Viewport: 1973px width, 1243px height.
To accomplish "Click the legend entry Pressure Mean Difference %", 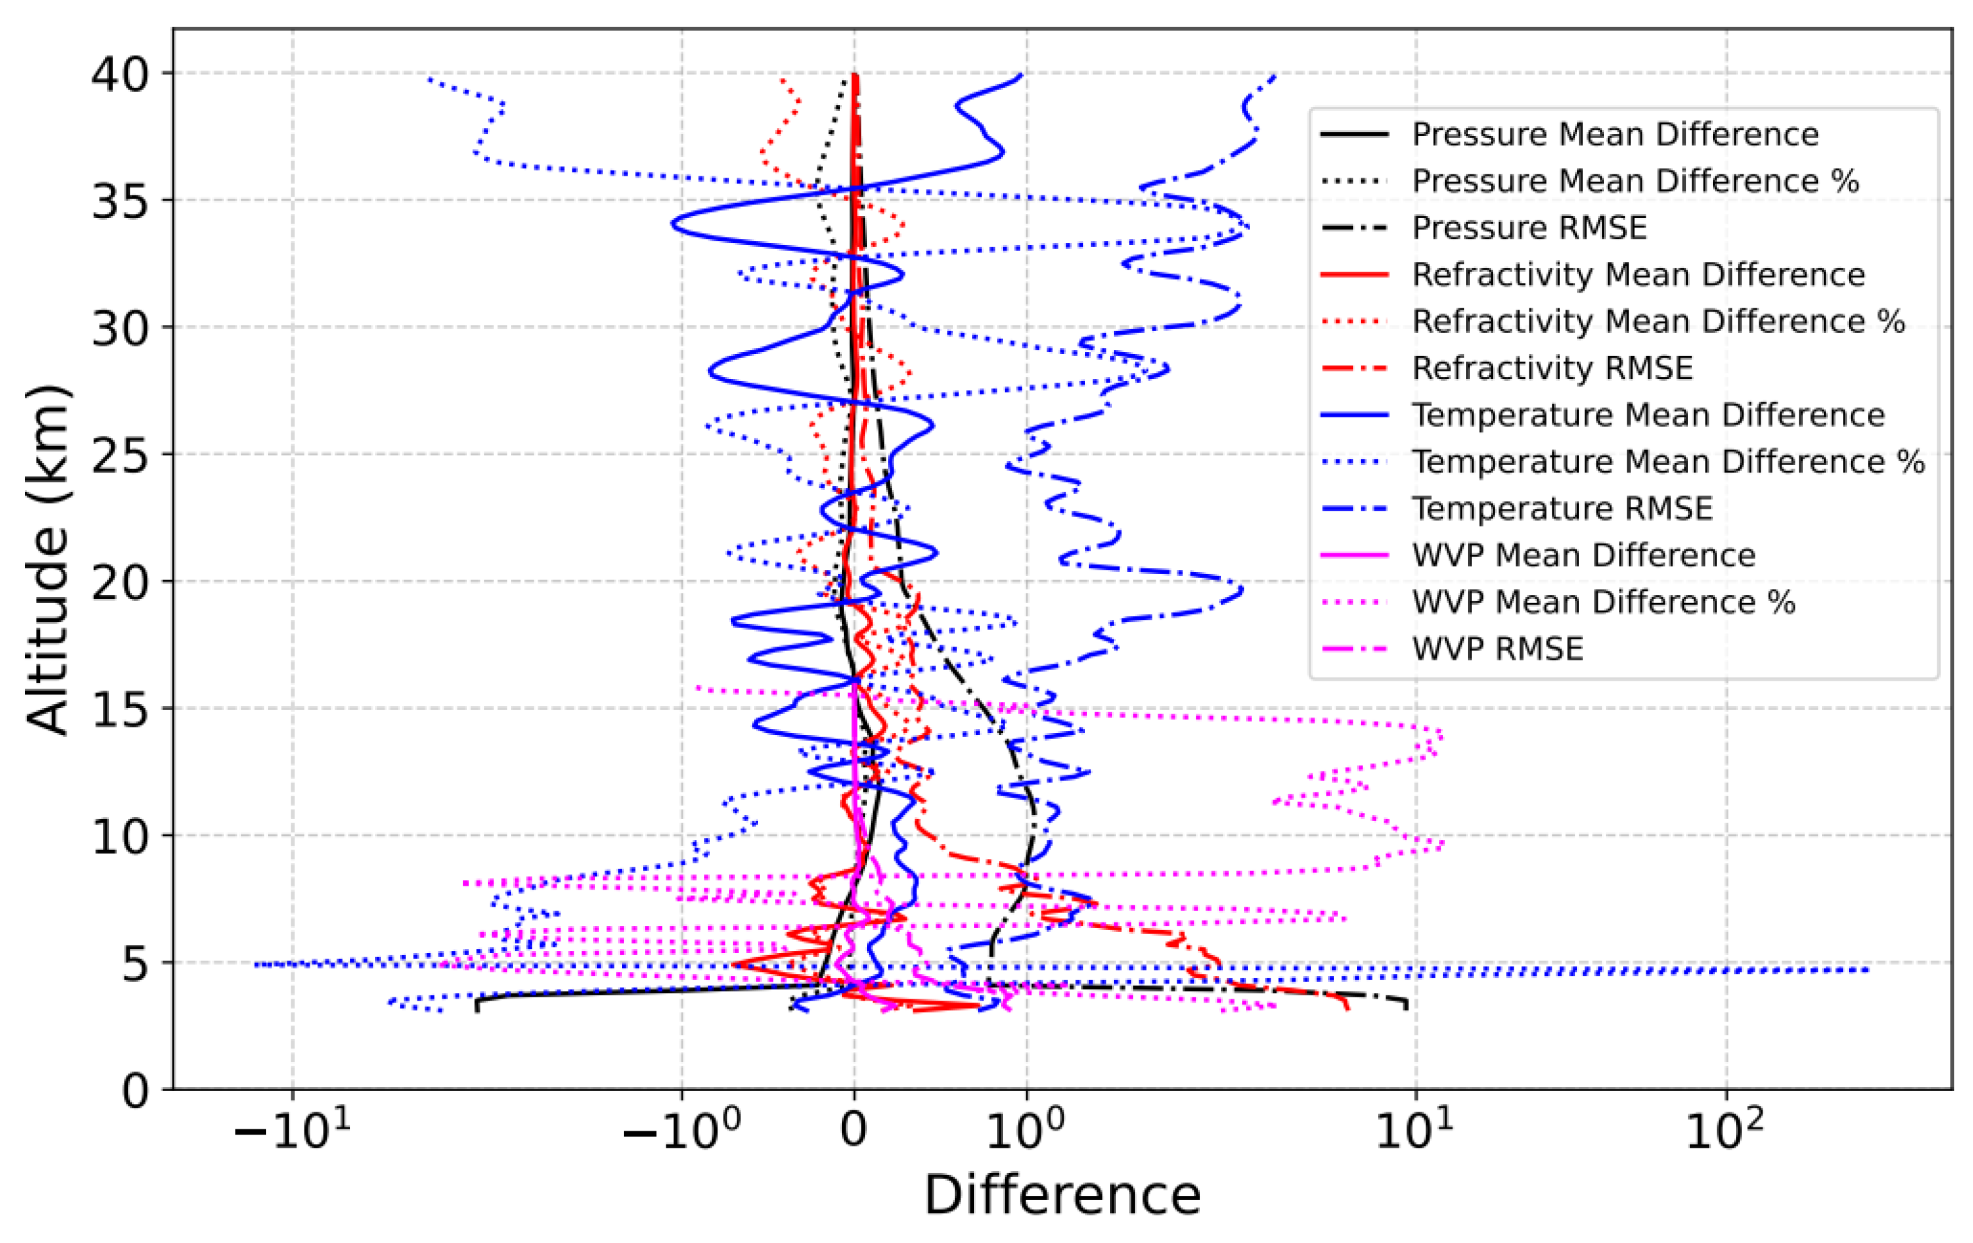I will click(x=1635, y=181).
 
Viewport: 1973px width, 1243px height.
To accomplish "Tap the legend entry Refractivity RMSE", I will click(x=1552, y=368).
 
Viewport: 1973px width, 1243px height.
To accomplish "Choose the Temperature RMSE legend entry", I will click(x=1561, y=509).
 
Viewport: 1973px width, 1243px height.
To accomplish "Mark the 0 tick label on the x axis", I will click(x=854, y=1131).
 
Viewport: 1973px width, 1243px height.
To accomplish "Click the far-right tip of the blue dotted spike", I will click(x=1867, y=970).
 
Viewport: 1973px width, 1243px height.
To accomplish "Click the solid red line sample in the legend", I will click(x=1354, y=274).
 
